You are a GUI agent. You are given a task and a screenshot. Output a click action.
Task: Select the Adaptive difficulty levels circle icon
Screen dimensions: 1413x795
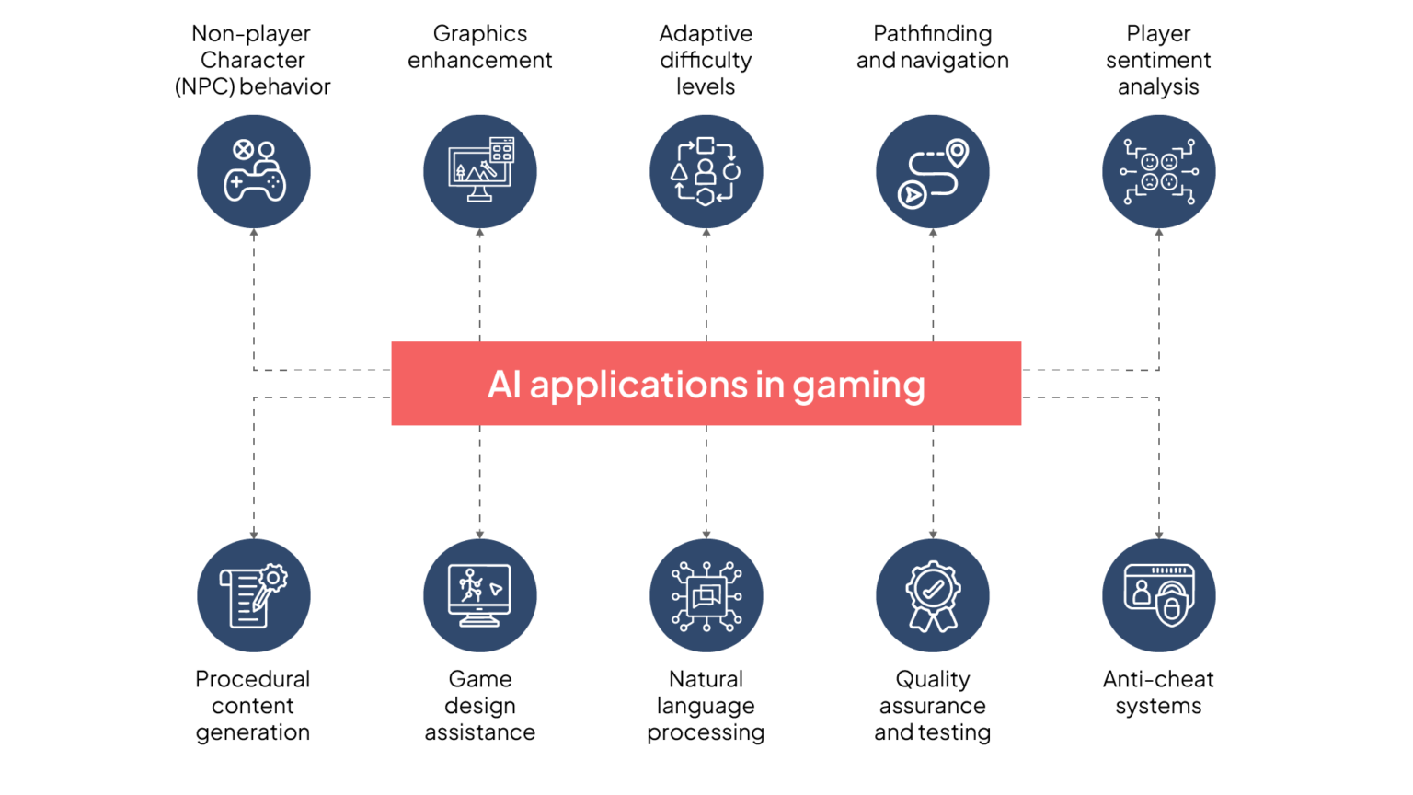[x=706, y=172]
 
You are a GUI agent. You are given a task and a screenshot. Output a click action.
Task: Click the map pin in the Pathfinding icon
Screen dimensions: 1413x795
[x=957, y=153]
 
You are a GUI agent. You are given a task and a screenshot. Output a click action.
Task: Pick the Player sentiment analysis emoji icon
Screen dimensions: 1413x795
[x=1159, y=172]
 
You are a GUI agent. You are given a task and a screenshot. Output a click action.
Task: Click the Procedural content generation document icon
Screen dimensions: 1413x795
[x=254, y=595]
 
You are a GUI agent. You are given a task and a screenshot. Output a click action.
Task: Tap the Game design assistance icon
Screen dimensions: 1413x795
[x=480, y=595]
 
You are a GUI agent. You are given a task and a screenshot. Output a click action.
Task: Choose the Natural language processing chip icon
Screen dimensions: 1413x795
[x=706, y=595]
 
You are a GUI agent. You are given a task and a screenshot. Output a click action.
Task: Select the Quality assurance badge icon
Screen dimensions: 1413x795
[x=933, y=595]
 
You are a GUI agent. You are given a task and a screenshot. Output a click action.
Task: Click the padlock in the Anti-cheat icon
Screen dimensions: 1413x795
[x=1171, y=608]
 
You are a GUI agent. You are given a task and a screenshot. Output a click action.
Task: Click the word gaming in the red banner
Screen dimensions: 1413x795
[x=858, y=386]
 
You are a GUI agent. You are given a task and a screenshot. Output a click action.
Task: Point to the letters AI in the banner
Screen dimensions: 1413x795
[x=505, y=384]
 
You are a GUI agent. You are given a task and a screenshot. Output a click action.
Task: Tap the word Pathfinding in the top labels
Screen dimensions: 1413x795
[x=932, y=34]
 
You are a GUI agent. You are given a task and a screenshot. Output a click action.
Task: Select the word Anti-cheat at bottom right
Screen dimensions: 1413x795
[x=1158, y=679]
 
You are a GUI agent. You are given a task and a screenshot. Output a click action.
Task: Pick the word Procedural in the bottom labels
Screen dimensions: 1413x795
[x=252, y=679]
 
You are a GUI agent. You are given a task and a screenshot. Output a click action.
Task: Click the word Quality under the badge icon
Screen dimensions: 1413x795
[x=932, y=680]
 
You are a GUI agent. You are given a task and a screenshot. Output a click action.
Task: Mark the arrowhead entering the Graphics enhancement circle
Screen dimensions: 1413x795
[x=480, y=233]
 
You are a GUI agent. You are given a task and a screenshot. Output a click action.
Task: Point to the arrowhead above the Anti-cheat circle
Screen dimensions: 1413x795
[x=1159, y=535]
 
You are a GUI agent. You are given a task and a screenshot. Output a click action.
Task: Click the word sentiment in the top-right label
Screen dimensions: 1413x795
[x=1158, y=61]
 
